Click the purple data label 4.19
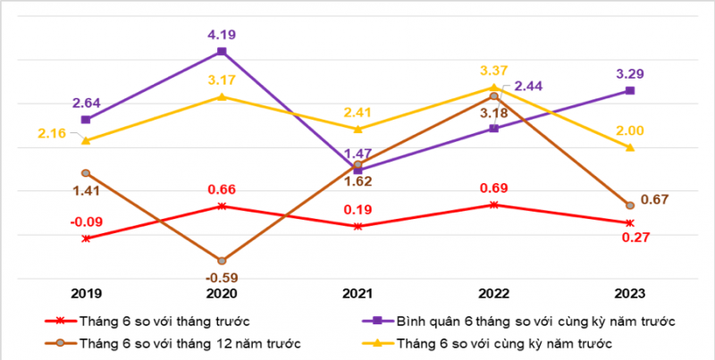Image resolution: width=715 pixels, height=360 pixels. (222, 35)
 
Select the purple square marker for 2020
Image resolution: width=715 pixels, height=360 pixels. (222, 52)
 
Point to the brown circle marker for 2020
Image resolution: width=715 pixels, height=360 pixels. (222, 260)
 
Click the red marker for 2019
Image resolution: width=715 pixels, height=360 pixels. (86, 239)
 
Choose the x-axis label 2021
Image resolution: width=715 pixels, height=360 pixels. (357, 292)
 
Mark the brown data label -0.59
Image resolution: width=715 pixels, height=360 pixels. (222, 277)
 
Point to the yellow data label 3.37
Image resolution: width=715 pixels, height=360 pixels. (494, 70)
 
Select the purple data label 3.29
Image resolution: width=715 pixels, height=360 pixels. (630, 73)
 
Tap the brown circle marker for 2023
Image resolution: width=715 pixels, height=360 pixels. (630, 205)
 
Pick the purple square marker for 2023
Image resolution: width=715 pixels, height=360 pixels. (630, 90)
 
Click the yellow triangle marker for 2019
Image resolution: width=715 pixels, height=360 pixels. (86, 140)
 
